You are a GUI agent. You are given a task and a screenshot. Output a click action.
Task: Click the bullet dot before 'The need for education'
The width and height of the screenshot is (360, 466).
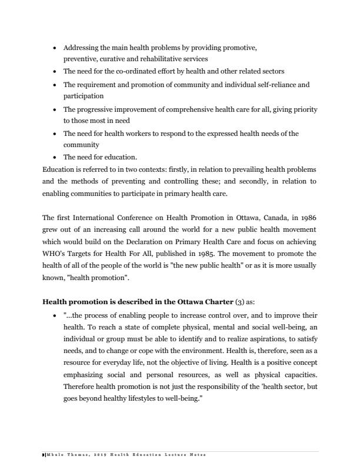[55, 157]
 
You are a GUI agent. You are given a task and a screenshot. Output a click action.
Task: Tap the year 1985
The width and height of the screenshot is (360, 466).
[208, 254]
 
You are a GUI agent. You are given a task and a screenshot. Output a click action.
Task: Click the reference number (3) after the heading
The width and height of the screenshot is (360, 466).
[223, 302]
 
